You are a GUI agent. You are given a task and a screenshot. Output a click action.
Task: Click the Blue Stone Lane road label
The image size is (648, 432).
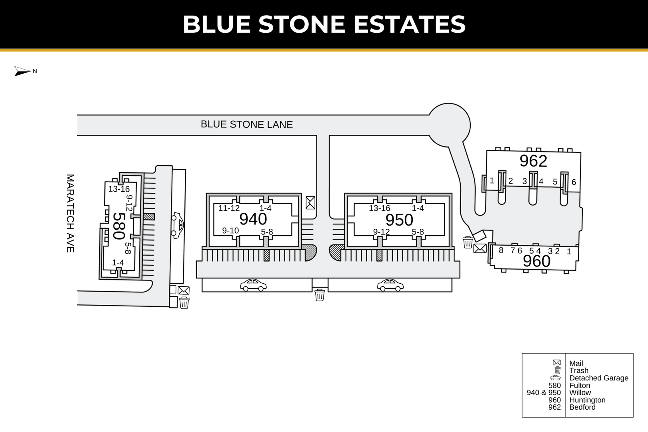point(247,124)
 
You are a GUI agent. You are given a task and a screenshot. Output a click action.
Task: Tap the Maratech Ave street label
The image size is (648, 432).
point(70,213)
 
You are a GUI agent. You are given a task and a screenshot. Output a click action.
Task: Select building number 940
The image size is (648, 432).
point(253,219)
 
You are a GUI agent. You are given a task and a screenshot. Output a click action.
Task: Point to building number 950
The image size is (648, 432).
point(399,220)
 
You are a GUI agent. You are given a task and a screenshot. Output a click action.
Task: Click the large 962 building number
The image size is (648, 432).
point(533,161)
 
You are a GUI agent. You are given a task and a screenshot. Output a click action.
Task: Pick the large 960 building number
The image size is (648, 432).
point(536,261)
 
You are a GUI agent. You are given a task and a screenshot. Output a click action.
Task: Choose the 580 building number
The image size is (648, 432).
point(119,226)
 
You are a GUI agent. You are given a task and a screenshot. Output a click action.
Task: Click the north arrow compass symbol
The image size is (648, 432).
point(22,71)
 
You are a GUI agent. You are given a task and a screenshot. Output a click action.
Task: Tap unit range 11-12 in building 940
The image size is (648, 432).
point(229,208)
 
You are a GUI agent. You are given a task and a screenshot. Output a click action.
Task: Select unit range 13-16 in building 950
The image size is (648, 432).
point(379,208)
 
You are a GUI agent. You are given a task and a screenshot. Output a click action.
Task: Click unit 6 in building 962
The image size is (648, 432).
point(574,182)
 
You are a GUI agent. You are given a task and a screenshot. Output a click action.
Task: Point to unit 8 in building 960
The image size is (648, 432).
point(501,250)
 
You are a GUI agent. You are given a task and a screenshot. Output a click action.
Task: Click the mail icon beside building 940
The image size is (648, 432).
point(310,202)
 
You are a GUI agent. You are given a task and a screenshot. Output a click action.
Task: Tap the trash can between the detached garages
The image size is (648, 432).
point(320,295)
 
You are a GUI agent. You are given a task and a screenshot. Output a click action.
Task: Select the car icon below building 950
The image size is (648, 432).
point(390,285)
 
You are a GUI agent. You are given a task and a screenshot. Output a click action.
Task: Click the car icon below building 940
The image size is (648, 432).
point(253,285)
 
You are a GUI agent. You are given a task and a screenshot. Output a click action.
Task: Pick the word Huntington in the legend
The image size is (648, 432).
point(587,400)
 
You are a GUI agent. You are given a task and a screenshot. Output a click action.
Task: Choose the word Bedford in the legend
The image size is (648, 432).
point(582,407)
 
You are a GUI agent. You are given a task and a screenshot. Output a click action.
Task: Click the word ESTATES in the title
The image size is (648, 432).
point(409,24)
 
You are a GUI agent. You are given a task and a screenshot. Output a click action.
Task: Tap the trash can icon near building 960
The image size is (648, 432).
point(468,242)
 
